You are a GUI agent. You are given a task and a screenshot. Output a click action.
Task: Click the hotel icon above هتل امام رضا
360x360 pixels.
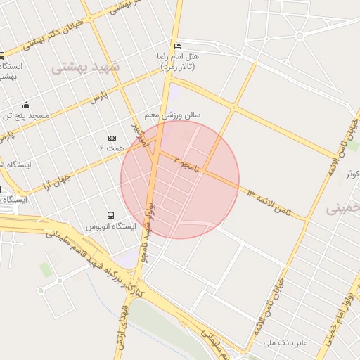point(177,44)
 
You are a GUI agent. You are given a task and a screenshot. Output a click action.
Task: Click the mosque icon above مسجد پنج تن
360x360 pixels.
point(27,105)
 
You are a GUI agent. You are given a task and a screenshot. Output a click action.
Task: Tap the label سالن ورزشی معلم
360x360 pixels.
point(172,114)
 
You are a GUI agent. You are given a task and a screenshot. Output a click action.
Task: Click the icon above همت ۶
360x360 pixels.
point(111,139)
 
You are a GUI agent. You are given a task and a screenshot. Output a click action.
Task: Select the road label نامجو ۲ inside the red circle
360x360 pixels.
point(188,163)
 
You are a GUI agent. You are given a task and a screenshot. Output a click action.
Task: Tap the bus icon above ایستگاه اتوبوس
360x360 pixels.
point(110,214)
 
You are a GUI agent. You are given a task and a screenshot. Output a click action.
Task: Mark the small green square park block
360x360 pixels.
point(46,269)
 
